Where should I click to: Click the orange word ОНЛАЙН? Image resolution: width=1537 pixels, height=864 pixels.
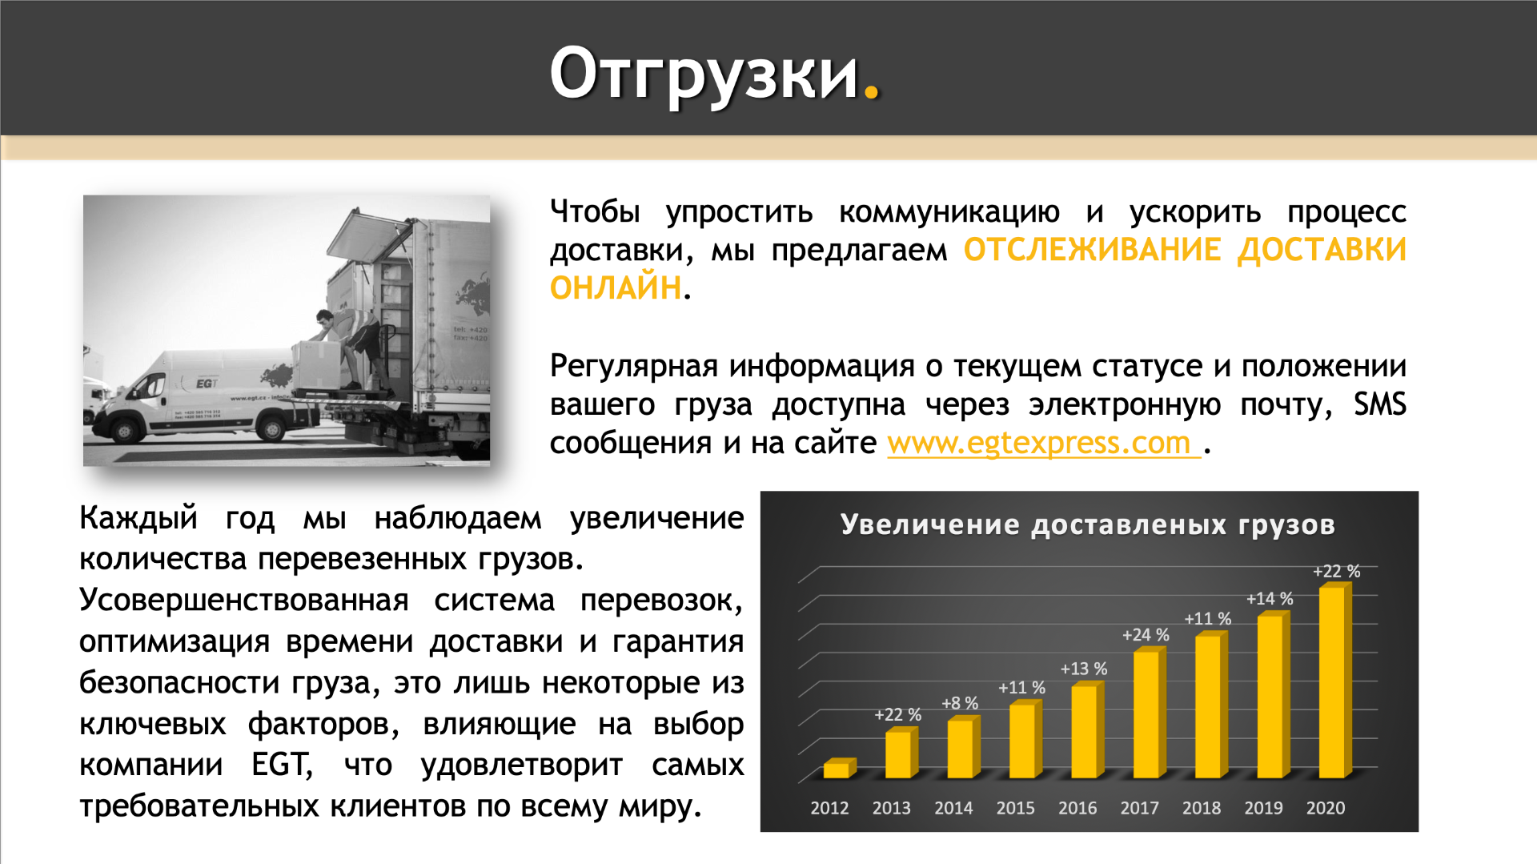point(615,287)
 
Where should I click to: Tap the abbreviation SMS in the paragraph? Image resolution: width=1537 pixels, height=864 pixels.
point(1379,404)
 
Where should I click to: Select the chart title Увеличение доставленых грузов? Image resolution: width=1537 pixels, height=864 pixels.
point(1088,524)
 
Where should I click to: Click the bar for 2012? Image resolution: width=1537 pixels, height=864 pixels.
point(839,768)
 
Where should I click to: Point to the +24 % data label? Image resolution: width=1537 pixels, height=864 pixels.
point(1146,635)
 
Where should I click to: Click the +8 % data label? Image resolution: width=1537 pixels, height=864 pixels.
point(960,703)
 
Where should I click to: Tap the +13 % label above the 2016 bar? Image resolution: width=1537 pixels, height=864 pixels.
point(1084,669)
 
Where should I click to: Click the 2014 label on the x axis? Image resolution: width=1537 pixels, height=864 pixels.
point(953,808)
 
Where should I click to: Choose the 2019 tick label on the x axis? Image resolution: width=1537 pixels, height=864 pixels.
point(1263,808)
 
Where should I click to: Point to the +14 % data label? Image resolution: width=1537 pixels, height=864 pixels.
point(1270,599)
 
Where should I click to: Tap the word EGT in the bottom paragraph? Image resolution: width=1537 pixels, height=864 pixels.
point(281,765)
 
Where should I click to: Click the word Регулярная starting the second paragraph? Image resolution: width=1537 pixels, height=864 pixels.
point(634,366)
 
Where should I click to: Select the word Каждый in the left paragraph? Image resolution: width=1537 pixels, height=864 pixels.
point(138,518)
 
